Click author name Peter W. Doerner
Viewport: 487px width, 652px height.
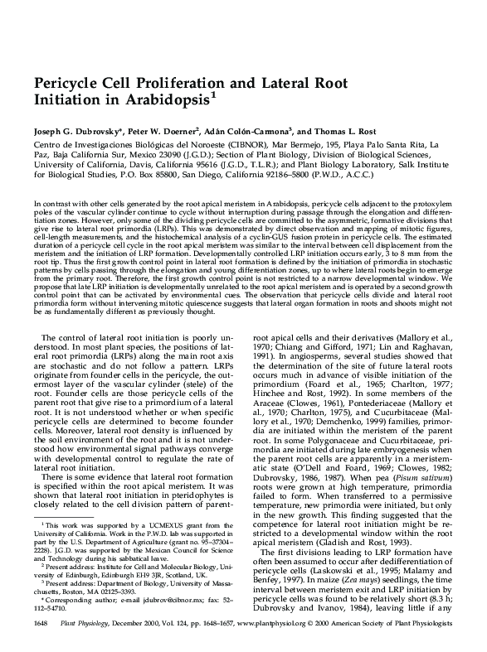(166, 131)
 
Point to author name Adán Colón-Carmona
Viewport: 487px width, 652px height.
(250, 131)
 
